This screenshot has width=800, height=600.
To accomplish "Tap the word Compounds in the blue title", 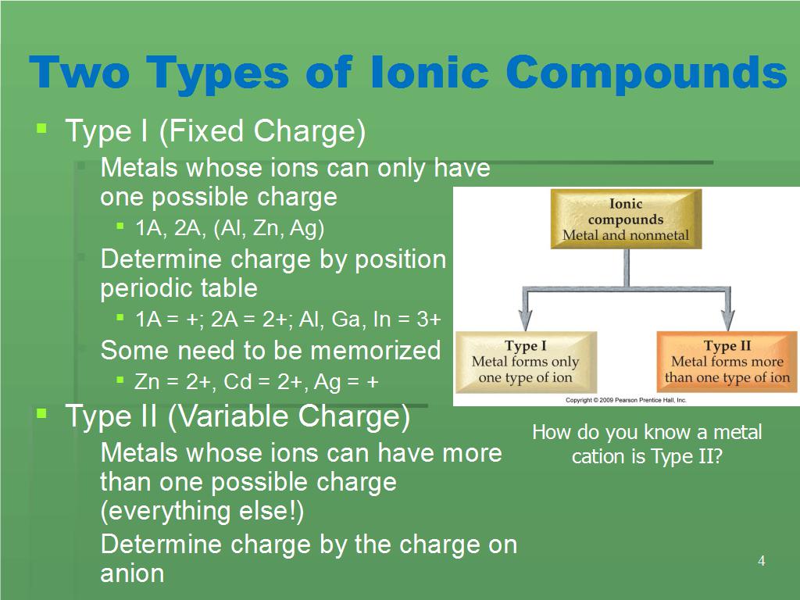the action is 647,73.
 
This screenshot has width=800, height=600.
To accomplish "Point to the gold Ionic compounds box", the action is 626,219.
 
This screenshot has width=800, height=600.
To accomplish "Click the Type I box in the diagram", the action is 526,362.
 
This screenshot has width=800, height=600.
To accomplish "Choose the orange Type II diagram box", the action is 727,362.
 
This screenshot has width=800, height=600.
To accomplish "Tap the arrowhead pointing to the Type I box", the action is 526,320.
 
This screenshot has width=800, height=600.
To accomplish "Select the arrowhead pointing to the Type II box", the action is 728,320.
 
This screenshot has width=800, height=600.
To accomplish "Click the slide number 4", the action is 761,561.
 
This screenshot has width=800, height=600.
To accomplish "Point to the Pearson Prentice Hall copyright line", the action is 626,400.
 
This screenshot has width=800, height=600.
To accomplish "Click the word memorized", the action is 375,351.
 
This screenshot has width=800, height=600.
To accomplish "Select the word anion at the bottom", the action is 132,573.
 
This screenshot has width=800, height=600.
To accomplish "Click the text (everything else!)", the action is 202,511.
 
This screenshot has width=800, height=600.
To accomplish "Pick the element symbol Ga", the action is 345,320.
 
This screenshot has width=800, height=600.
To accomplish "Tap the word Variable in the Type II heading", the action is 230,416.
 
